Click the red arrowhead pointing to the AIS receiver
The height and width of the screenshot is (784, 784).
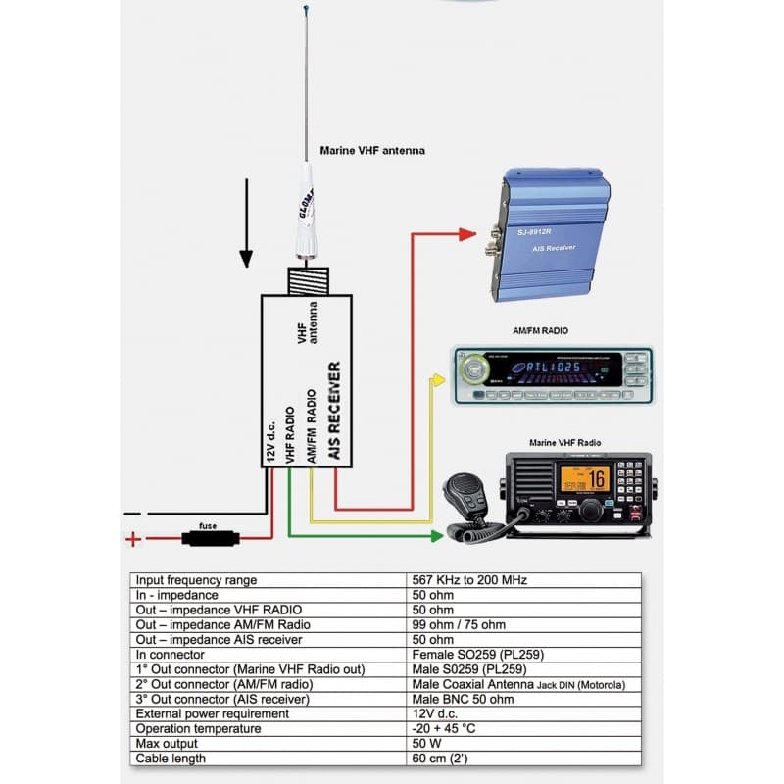click(467, 233)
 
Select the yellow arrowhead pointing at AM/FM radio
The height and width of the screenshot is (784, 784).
click(437, 376)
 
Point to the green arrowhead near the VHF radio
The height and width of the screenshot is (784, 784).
click(437, 536)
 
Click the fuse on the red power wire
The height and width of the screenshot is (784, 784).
click(207, 537)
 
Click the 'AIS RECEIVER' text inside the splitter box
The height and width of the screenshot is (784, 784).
click(334, 412)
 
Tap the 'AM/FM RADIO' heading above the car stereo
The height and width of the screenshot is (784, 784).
click(540, 331)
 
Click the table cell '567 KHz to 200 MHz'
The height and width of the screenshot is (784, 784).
click(470, 580)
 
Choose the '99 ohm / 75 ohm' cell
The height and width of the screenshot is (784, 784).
click(460, 624)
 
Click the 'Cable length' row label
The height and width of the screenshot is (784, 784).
click(171, 758)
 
